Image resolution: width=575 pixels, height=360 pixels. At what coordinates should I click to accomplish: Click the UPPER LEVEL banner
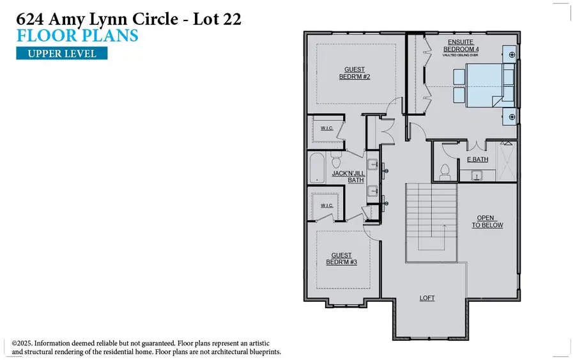[x=61, y=53]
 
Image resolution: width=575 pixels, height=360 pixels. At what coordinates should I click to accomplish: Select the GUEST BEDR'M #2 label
[x=355, y=74]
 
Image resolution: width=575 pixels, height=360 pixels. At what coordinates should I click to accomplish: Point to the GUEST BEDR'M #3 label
[x=341, y=259]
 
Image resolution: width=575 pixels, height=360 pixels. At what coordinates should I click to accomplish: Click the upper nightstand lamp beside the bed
[x=512, y=55]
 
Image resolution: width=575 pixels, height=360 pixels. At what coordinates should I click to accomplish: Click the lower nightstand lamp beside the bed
[x=512, y=116]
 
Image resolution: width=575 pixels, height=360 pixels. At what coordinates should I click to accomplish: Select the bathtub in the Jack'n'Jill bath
[x=317, y=169]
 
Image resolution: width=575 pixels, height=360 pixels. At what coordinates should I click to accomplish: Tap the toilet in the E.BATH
[x=445, y=171]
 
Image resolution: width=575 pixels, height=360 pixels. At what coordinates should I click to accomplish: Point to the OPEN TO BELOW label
[x=489, y=221]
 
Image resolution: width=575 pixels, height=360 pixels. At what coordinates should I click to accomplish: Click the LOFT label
[x=427, y=298]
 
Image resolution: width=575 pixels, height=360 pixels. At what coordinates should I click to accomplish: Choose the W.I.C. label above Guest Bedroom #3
[x=325, y=206]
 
